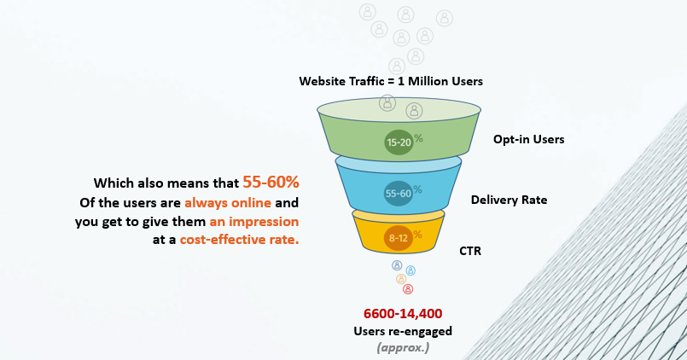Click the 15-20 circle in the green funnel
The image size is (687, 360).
399,142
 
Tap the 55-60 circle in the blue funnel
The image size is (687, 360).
399,193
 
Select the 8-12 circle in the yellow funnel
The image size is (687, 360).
399,238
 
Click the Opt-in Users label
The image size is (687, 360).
529,139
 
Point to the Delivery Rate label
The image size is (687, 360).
509,200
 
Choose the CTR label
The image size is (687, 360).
470,251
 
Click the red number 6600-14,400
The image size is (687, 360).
403,314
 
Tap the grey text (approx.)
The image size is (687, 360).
403,348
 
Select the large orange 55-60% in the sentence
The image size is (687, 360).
271,182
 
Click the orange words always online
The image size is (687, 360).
228,203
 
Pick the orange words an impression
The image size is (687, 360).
254,222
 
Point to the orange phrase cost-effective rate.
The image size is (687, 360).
239,240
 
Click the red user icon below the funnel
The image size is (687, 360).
408,289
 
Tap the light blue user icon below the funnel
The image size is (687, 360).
410,270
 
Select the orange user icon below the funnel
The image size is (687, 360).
401,279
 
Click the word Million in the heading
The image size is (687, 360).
428,81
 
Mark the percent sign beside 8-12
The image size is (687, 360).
417,235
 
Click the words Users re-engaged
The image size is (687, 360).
403,331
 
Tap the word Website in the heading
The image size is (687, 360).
322,81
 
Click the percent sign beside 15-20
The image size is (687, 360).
418,138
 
